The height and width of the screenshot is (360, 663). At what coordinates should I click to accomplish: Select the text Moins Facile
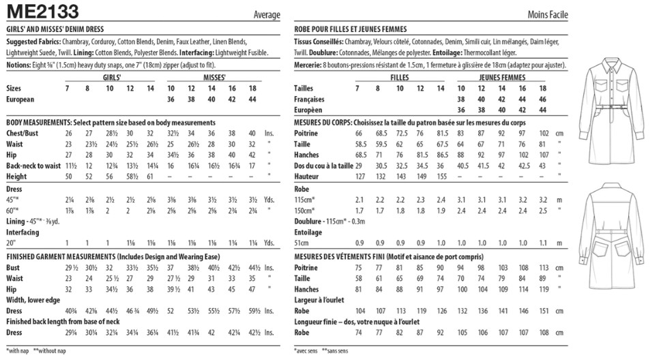pyautogui.click(x=547, y=14)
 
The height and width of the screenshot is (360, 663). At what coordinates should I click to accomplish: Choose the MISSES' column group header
pyautogui.click(x=214, y=78)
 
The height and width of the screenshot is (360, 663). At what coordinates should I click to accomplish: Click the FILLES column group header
pyautogui.click(x=399, y=78)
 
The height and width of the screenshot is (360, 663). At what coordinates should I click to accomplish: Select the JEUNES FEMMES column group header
pyautogui.click(x=502, y=78)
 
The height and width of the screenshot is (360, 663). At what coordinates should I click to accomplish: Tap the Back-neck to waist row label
pyautogui.click(x=33, y=165)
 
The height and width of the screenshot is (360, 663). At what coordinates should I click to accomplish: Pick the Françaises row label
pyautogui.click(x=310, y=99)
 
